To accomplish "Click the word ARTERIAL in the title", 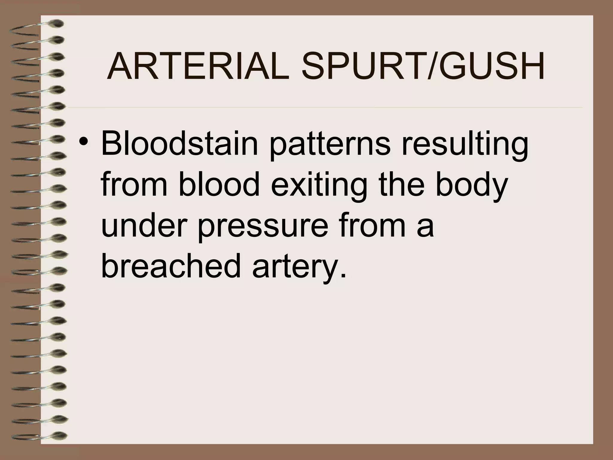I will pyautogui.click(x=198, y=66).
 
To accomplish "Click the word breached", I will pyautogui.click(x=171, y=265).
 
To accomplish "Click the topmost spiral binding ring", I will pyautogui.click(x=39, y=25).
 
